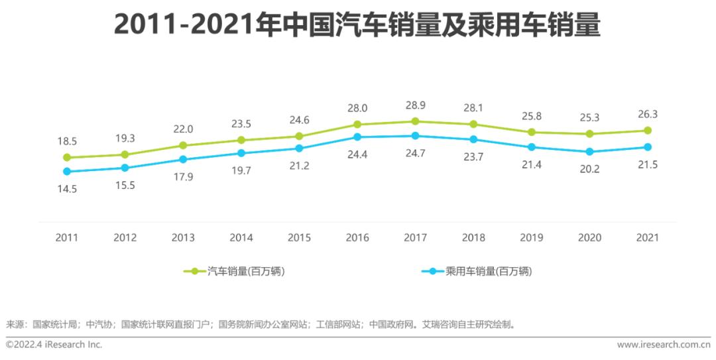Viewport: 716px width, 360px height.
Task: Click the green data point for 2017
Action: [415, 121]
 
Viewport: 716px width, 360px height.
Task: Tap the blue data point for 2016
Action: [357, 137]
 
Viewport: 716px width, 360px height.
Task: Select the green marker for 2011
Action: [66, 157]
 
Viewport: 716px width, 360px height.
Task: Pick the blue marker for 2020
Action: [589, 152]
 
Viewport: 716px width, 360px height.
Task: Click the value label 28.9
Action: [415, 105]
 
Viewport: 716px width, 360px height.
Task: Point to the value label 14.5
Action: [66, 188]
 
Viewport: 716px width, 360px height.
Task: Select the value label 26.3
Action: [647, 114]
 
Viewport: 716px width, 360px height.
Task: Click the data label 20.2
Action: [589, 169]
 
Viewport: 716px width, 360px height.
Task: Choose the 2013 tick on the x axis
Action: [182, 237]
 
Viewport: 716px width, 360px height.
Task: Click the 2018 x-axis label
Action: [473, 237]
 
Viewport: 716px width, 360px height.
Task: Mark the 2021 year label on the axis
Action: [647, 237]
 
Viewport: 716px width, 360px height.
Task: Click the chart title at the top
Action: [357, 25]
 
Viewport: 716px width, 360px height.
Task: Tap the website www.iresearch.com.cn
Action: [663, 345]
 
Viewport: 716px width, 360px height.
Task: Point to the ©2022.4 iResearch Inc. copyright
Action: [54, 345]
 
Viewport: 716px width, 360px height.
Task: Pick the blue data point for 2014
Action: [241, 153]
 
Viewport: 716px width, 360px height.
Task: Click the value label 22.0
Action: [182, 129]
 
